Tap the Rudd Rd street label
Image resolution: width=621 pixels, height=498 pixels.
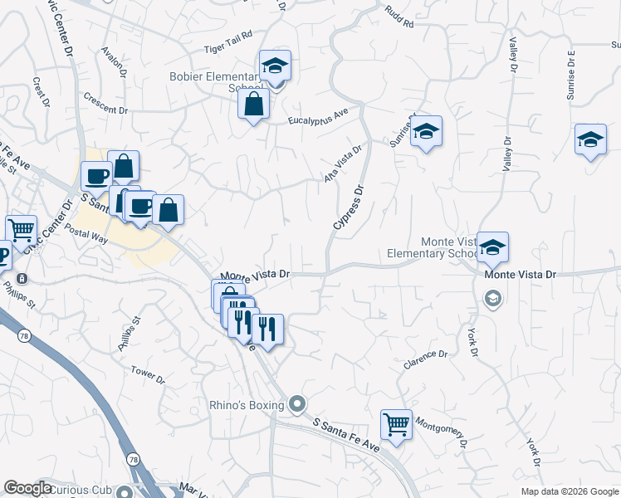399,17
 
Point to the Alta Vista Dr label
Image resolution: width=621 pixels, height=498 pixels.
344,164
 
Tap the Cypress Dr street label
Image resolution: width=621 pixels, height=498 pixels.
349,207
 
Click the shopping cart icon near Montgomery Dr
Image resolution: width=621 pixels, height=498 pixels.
396,425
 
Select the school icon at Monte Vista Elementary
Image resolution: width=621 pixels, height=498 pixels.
492,247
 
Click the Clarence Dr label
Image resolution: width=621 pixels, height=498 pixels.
425,358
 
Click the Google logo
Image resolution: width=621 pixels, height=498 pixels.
27,488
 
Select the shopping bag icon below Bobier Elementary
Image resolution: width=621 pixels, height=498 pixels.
253,105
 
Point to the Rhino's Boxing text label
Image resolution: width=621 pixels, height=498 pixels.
247,405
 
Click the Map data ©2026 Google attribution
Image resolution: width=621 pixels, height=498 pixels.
569,491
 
